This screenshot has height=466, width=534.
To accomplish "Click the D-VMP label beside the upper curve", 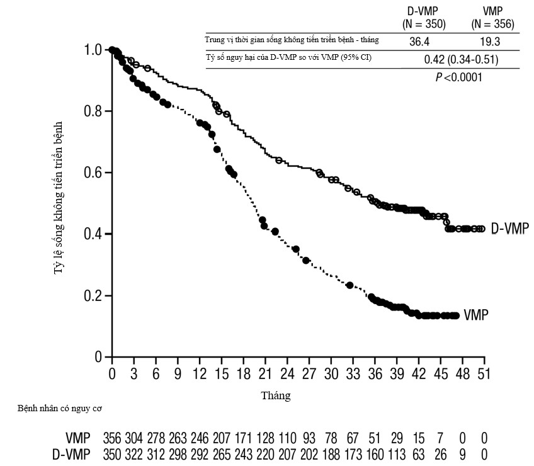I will [509, 228].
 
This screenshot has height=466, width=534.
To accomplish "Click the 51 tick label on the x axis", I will [484, 373].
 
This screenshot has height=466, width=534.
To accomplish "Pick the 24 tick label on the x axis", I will [287, 373].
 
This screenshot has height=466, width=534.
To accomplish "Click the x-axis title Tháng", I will [276, 396].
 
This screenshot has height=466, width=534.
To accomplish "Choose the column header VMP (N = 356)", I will [493, 18].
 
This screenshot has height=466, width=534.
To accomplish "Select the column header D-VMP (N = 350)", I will [424, 18].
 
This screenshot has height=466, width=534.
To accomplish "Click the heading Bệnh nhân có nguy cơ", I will [60, 408].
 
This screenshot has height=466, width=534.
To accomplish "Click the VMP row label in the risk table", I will [78, 438].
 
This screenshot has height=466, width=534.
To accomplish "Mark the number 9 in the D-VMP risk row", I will [463, 453].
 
